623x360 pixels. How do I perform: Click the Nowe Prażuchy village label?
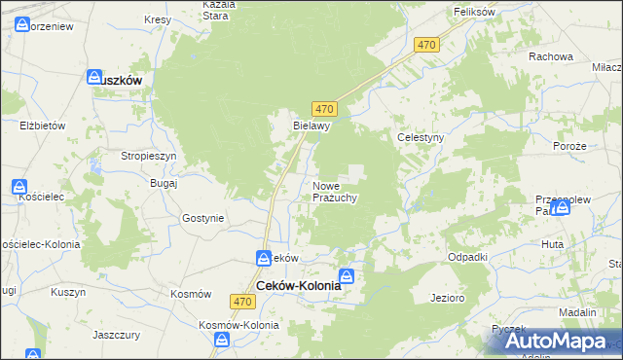tap(335, 192)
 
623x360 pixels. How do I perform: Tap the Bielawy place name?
tap(313, 126)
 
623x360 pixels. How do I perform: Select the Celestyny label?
tap(421, 138)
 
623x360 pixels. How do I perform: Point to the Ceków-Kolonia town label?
tap(299, 286)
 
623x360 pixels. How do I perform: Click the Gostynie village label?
tap(202, 219)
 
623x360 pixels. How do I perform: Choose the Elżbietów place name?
tap(42, 126)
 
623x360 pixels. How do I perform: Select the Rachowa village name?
tap(550, 56)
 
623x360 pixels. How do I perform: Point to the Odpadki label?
tap(466, 256)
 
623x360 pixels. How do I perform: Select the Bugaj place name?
tap(164, 183)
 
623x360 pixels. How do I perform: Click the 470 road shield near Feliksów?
tap(426, 46)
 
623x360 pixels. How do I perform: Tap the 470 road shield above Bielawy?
tap(325, 109)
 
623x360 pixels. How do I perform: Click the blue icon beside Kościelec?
tap(20, 187)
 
